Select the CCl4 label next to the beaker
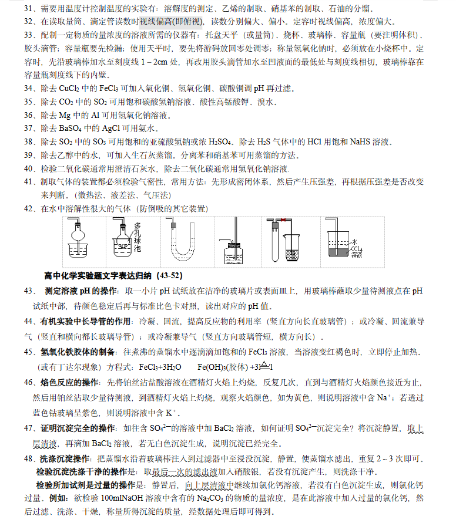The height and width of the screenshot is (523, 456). (356, 252)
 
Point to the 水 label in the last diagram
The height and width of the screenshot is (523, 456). (354, 241)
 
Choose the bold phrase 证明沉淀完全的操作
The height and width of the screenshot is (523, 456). (77, 428)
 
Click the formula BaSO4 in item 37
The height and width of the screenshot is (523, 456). (73, 129)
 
